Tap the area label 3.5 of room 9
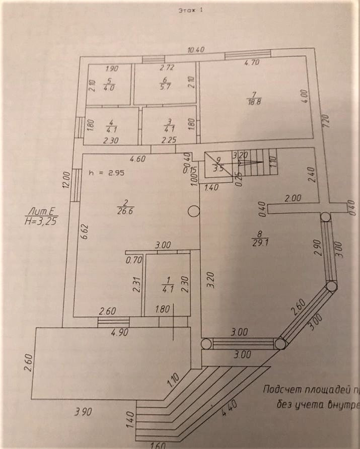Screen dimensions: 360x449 pyautogui.click(x=218, y=169)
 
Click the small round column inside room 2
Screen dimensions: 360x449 pyautogui.click(x=192, y=212)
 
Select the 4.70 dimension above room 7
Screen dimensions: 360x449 pyautogui.click(x=251, y=63)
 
